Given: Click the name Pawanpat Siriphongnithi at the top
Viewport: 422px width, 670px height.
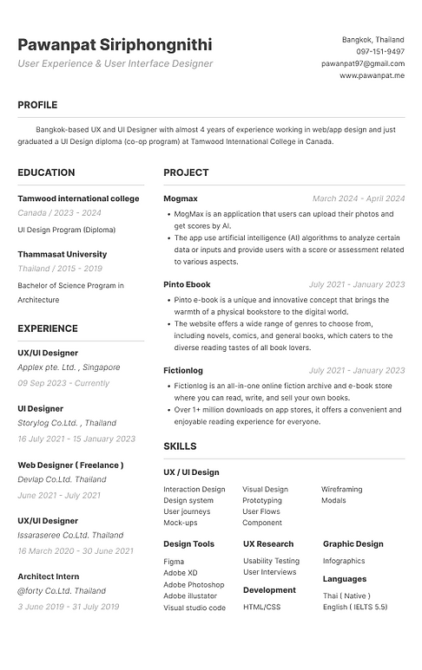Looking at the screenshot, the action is pos(114,44).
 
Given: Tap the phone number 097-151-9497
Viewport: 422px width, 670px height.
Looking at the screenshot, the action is pos(380,52).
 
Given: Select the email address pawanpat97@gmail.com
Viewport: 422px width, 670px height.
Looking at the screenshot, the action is pos(363,64).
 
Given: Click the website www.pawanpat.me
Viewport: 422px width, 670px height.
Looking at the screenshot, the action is pos(372,76).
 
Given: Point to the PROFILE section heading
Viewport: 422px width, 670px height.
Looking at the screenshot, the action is pos(37,105).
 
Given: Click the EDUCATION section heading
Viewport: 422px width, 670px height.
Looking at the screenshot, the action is pos(46,172).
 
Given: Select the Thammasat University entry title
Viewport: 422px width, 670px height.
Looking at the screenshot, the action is pos(63,254).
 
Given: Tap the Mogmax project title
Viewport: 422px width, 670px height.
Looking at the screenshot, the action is pos(181,198).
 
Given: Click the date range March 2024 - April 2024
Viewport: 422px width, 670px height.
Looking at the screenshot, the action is pos(359,198).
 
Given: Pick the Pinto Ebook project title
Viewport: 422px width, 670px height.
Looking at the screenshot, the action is pos(187,284).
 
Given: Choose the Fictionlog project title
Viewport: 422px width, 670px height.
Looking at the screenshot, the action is pos(183,370).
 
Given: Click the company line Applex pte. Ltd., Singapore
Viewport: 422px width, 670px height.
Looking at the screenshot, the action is pos(69,368).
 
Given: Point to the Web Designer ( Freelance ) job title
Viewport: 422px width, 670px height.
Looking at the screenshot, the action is pos(70,465).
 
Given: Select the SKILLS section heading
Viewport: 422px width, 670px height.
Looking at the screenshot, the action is pos(180,446).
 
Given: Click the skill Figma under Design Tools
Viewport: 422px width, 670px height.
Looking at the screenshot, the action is pos(174,561).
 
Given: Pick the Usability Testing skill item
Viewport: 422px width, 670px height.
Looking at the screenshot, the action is pos(271,561).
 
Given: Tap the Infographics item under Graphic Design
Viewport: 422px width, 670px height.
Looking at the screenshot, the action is pos(344,561).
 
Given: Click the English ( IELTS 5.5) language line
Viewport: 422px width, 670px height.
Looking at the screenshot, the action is pos(355,608).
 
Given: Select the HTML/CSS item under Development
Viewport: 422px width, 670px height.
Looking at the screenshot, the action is pos(261,607).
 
